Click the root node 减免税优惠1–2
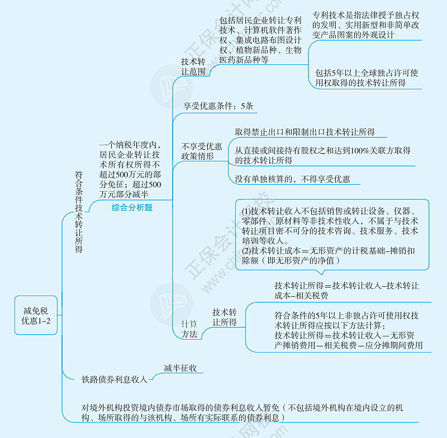coord(36,315)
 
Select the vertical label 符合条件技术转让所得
coord(79,212)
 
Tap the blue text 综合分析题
coord(132,207)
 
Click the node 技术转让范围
coord(193,66)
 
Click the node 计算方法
coord(189,328)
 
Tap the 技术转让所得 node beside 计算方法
coord(225,317)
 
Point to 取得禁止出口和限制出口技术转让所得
coord(305,132)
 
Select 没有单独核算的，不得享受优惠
coord(292,179)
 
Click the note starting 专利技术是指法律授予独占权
coord(365,25)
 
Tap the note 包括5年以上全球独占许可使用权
coord(367,78)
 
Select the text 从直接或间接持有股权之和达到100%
coord(322,155)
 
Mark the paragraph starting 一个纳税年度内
coord(131,169)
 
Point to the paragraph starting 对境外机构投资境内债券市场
coord(242,413)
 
